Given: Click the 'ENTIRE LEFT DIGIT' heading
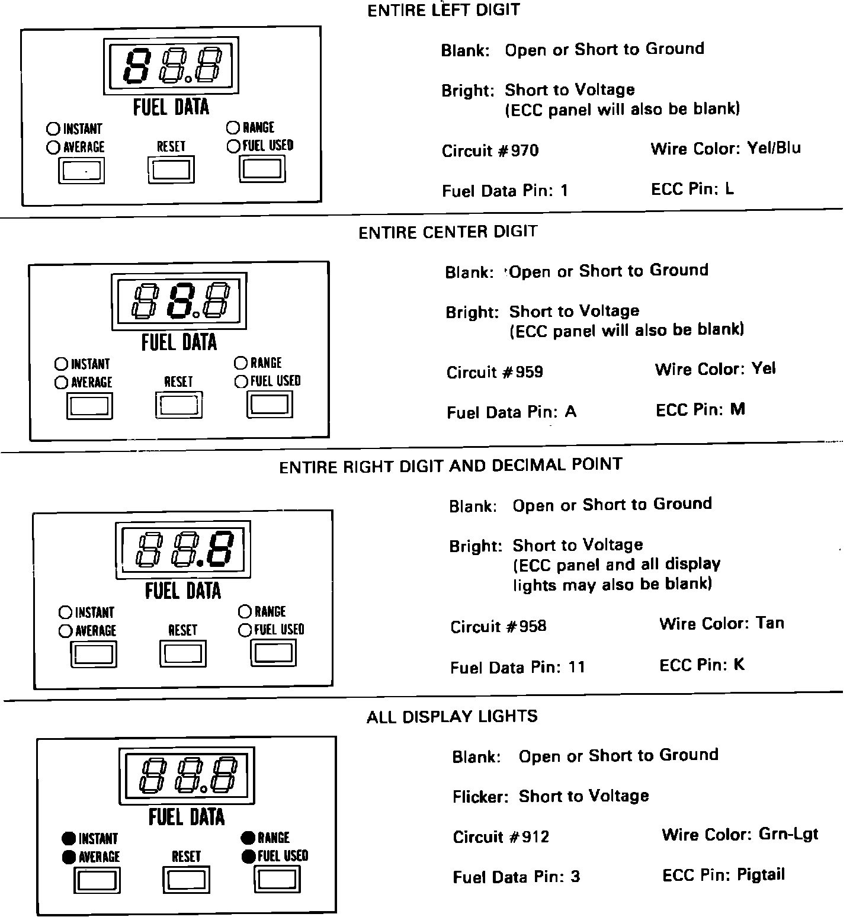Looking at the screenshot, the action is (x=444, y=11).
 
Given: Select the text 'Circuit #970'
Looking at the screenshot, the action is (x=490, y=151).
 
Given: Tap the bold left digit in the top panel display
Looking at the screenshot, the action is (x=136, y=65).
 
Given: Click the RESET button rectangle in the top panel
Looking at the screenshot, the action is (x=171, y=170).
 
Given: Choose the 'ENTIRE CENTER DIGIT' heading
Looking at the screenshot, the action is (x=448, y=232).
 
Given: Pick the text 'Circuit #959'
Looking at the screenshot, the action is (x=495, y=373).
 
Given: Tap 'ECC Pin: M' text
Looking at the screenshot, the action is (x=700, y=410).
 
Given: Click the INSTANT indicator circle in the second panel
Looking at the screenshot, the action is (x=61, y=364).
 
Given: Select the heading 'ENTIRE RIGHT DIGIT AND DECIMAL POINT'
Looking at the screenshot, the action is (x=450, y=466).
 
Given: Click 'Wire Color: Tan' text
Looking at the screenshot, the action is (x=721, y=624).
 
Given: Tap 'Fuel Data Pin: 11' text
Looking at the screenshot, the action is (x=517, y=668).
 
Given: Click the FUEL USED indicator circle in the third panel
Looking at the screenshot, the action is (x=245, y=630).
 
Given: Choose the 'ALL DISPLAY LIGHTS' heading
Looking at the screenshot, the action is (x=452, y=717).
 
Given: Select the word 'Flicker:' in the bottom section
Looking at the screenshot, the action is (x=480, y=797).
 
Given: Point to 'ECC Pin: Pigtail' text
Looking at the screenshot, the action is (x=723, y=875).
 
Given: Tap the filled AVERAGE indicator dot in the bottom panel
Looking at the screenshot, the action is (x=69, y=857).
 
